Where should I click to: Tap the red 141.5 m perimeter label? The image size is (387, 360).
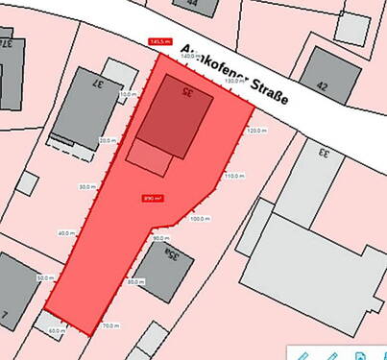(160, 42)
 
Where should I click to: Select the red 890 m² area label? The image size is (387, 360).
(153, 199)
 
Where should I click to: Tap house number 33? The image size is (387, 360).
(325, 153)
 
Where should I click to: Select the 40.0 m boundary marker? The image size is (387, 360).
(65, 233)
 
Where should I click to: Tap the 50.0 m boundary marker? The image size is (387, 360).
(44, 278)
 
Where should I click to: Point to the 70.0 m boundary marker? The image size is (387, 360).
(110, 326)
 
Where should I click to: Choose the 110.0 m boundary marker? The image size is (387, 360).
(232, 177)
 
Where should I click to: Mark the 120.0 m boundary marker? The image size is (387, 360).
(256, 130)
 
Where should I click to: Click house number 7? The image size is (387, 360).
(6, 314)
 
